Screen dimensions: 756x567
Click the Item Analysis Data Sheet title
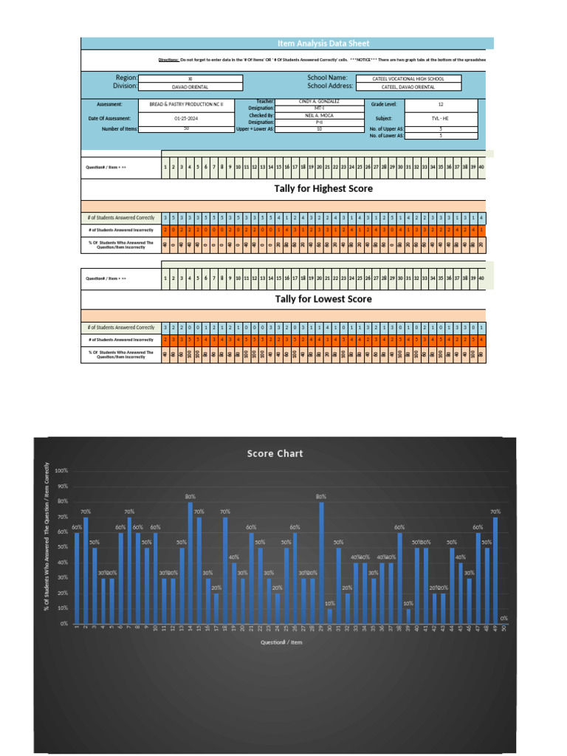tap(323, 44)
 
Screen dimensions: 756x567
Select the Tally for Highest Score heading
tap(323, 189)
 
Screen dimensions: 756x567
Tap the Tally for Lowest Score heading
tap(323, 299)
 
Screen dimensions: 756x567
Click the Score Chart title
tap(275, 454)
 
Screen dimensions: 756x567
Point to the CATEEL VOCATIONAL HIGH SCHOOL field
tap(408, 78)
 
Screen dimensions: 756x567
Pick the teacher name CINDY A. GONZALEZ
tap(319, 100)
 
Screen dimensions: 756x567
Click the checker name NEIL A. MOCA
tap(319, 115)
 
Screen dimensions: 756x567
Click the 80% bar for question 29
tap(321, 563)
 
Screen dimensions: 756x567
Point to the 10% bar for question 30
tap(330, 616)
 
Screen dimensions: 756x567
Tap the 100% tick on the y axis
tap(61, 471)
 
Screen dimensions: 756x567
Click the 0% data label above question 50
tap(504, 618)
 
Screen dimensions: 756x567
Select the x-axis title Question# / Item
tap(281, 642)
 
